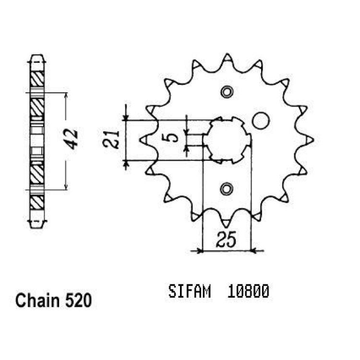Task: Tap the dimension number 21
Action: (111, 140)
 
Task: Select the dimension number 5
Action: (173, 138)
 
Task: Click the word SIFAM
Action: (190, 291)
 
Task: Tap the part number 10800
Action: (248, 291)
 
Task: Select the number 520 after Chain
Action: (79, 301)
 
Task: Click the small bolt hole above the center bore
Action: (228, 92)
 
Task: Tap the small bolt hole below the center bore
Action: (227, 189)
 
